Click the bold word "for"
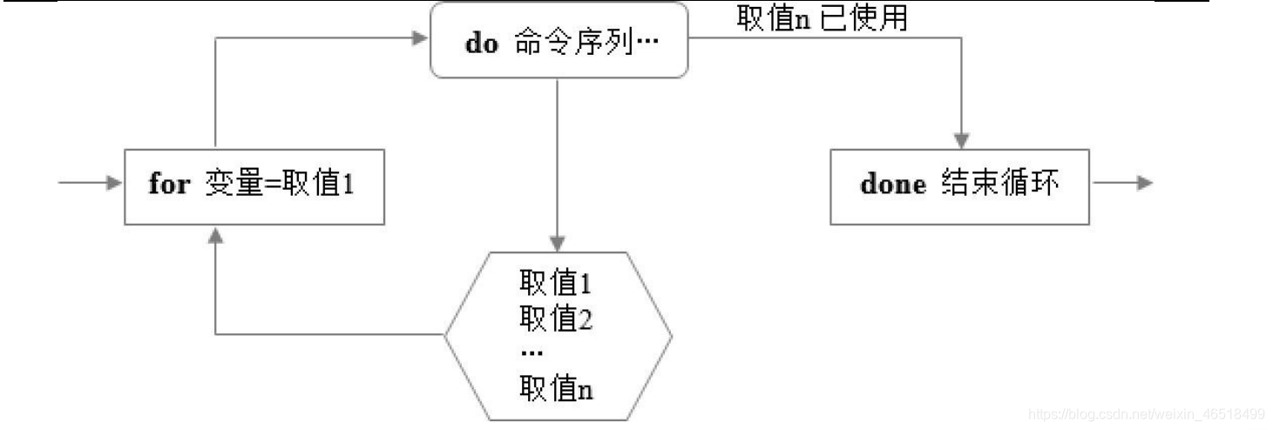click(169, 185)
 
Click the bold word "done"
click(893, 185)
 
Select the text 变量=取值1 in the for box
click(280, 185)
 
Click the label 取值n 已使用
click(822, 18)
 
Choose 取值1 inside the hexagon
click(556, 284)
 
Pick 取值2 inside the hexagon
click(556, 319)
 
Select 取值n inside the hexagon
click(556, 388)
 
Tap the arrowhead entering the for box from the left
click(112, 184)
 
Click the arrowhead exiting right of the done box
click(1145, 184)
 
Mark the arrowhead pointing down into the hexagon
click(558, 243)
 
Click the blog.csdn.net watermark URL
click(1147, 413)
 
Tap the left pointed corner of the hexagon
click(447, 334)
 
